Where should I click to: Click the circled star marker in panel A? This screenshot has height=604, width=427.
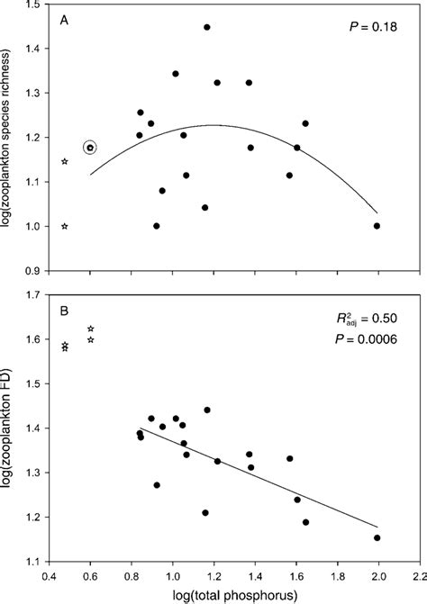[90, 148]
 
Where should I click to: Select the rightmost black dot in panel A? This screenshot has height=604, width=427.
[377, 226]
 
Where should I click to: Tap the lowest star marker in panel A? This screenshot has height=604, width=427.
[65, 226]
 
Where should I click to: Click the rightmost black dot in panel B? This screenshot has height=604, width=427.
[377, 538]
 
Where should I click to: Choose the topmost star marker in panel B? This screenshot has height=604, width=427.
[90, 329]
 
